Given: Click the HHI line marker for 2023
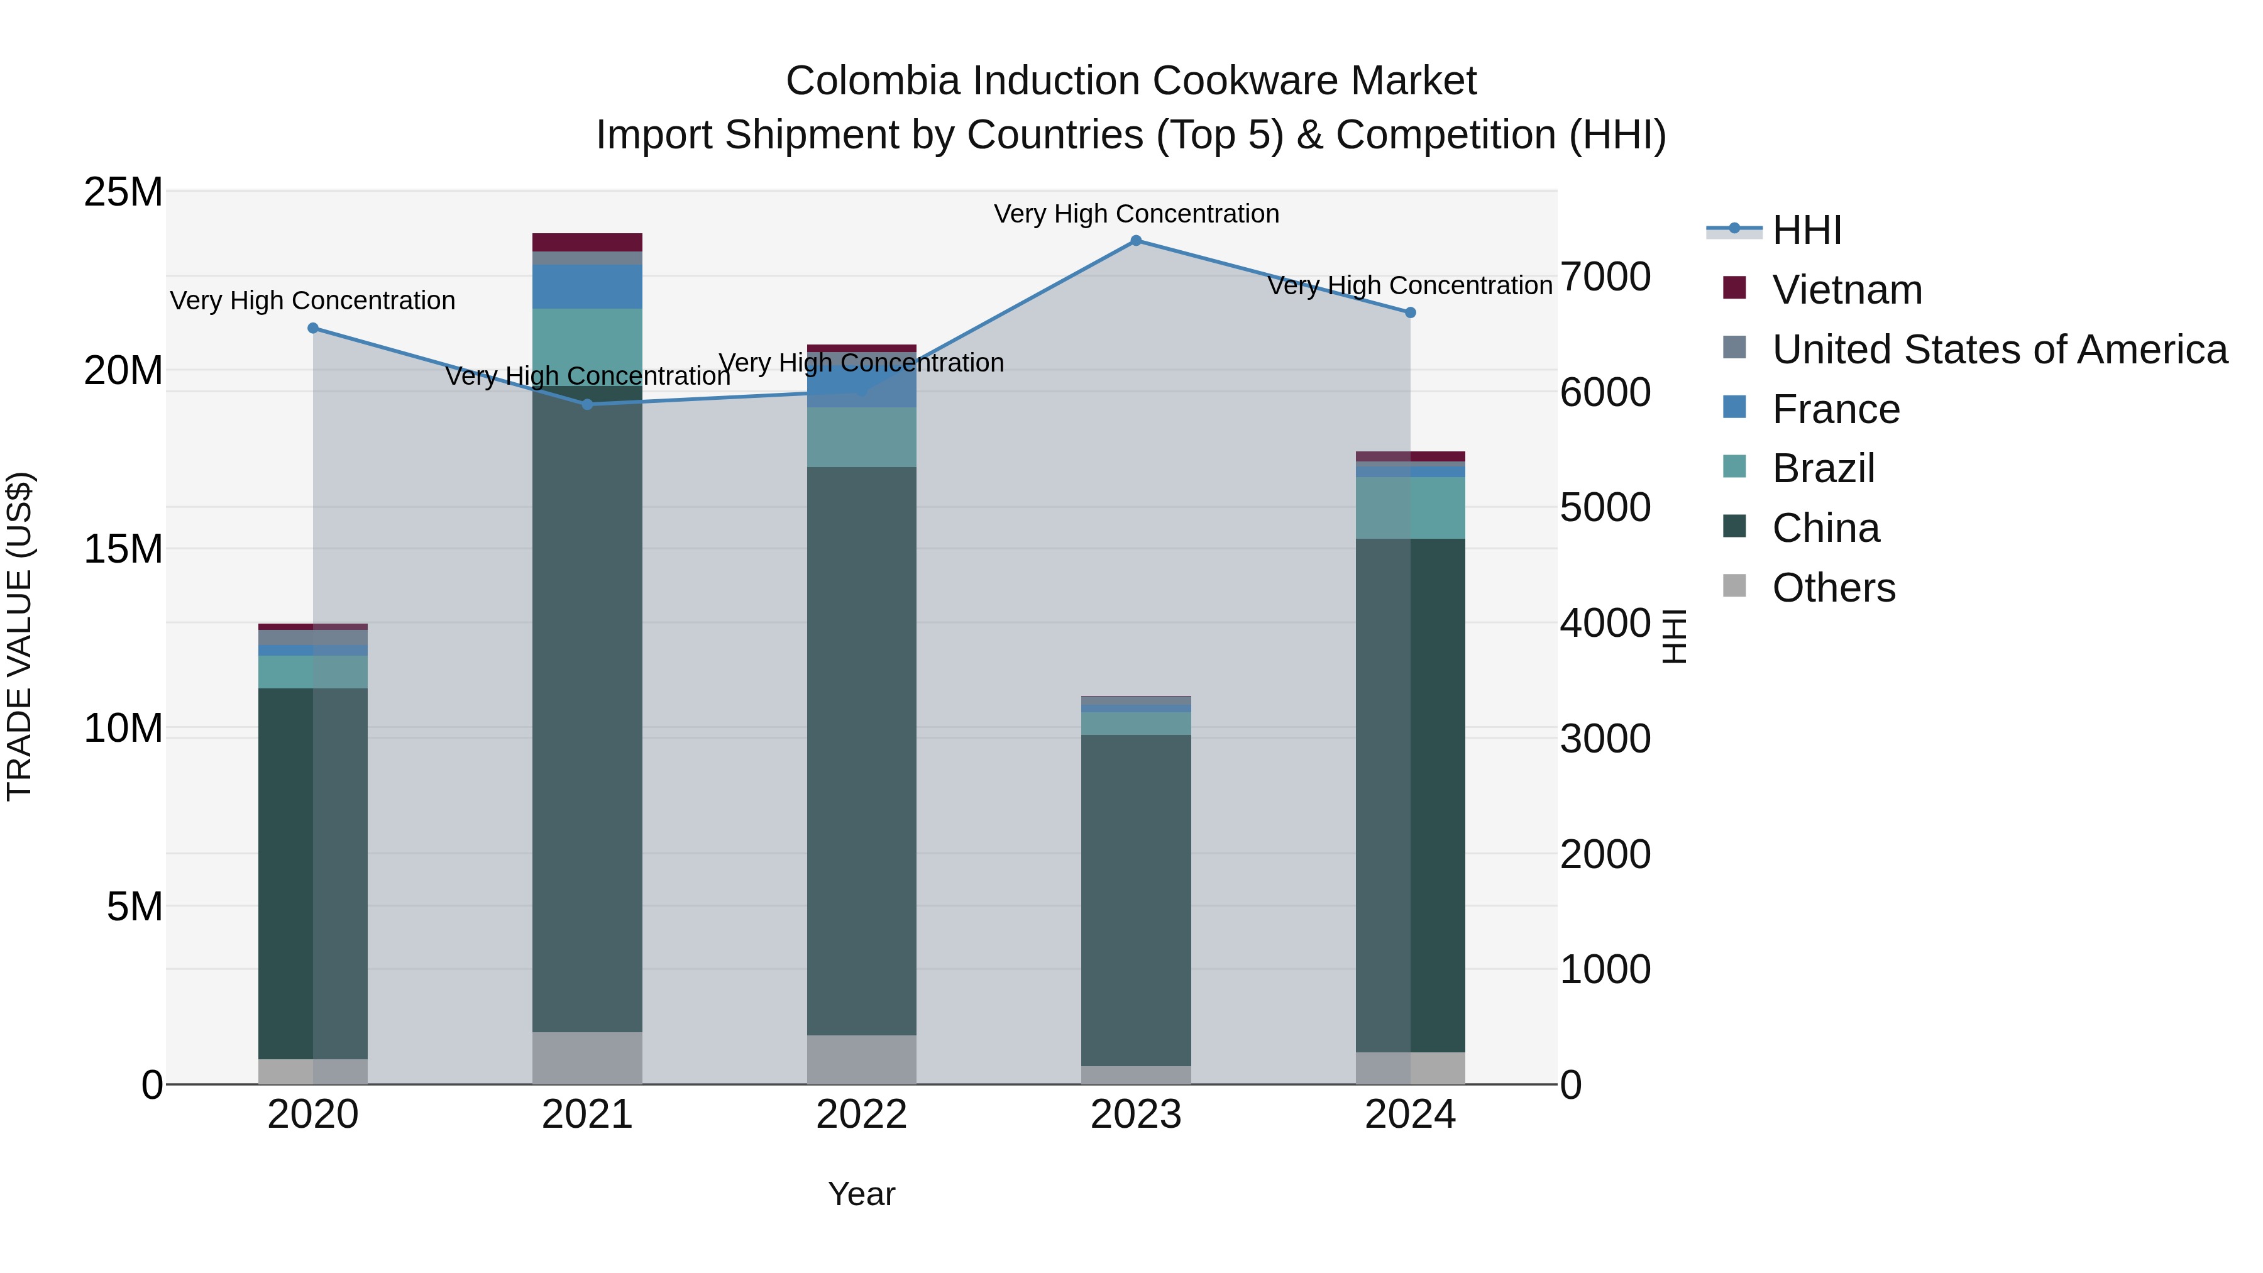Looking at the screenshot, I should click(x=1136, y=241).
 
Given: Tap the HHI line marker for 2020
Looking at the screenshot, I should click(x=314, y=329).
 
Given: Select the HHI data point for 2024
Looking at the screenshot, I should click(x=1410, y=313).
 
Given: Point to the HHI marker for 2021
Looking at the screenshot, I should click(x=588, y=404).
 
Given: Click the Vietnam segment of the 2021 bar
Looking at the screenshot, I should click(x=588, y=243).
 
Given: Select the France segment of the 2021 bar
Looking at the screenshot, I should click(x=588, y=287).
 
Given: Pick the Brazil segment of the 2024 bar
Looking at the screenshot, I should click(x=1410, y=508).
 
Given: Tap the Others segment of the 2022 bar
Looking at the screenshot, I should click(x=862, y=1059).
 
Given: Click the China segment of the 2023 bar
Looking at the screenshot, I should click(x=1136, y=900).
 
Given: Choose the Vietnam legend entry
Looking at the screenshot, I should click(x=1847, y=290).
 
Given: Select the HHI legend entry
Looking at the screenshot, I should click(x=1806, y=230).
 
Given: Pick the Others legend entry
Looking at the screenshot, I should click(x=1834, y=588).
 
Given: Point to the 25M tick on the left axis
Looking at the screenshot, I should click(x=123, y=192).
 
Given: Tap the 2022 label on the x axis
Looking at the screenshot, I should click(x=862, y=1115).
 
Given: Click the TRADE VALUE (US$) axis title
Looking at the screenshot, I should click(x=19, y=636).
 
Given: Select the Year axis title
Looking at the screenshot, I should click(x=862, y=1194).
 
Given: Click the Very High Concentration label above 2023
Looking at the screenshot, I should click(x=1136, y=214).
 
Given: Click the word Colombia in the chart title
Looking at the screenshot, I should click(x=873, y=81).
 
